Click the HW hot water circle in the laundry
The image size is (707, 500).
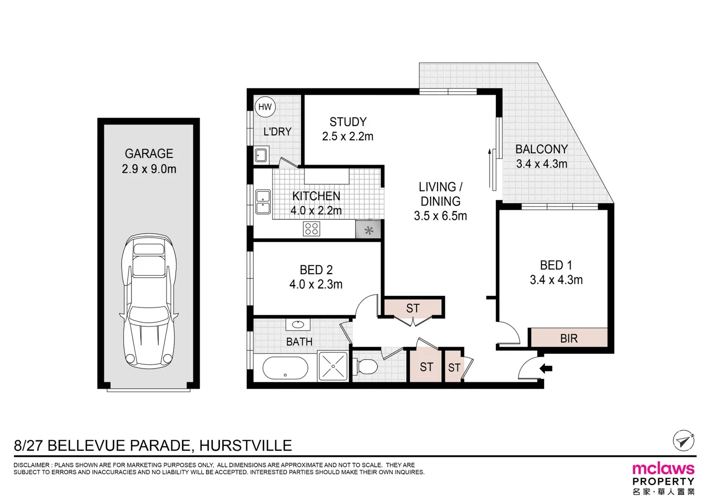(265, 107)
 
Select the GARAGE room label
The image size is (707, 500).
(149, 153)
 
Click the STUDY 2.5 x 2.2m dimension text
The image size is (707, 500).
(348, 137)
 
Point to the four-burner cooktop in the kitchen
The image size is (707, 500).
(312, 229)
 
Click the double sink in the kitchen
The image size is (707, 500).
(263, 202)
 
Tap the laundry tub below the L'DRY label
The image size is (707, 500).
(261, 155)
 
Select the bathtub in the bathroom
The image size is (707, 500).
(285, 369)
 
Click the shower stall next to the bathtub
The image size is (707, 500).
(333, 366)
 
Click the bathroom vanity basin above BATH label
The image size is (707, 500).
(298, 325)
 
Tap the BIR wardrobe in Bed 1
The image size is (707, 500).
(568, 338)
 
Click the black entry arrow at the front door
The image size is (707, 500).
(546, 369)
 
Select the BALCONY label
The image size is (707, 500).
(541, 149)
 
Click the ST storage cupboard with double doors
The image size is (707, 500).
(413, 308)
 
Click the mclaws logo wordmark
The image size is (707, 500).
(663, 469)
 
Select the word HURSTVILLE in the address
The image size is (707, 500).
(245, 445)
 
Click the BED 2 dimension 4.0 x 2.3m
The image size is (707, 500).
(316, 284)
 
